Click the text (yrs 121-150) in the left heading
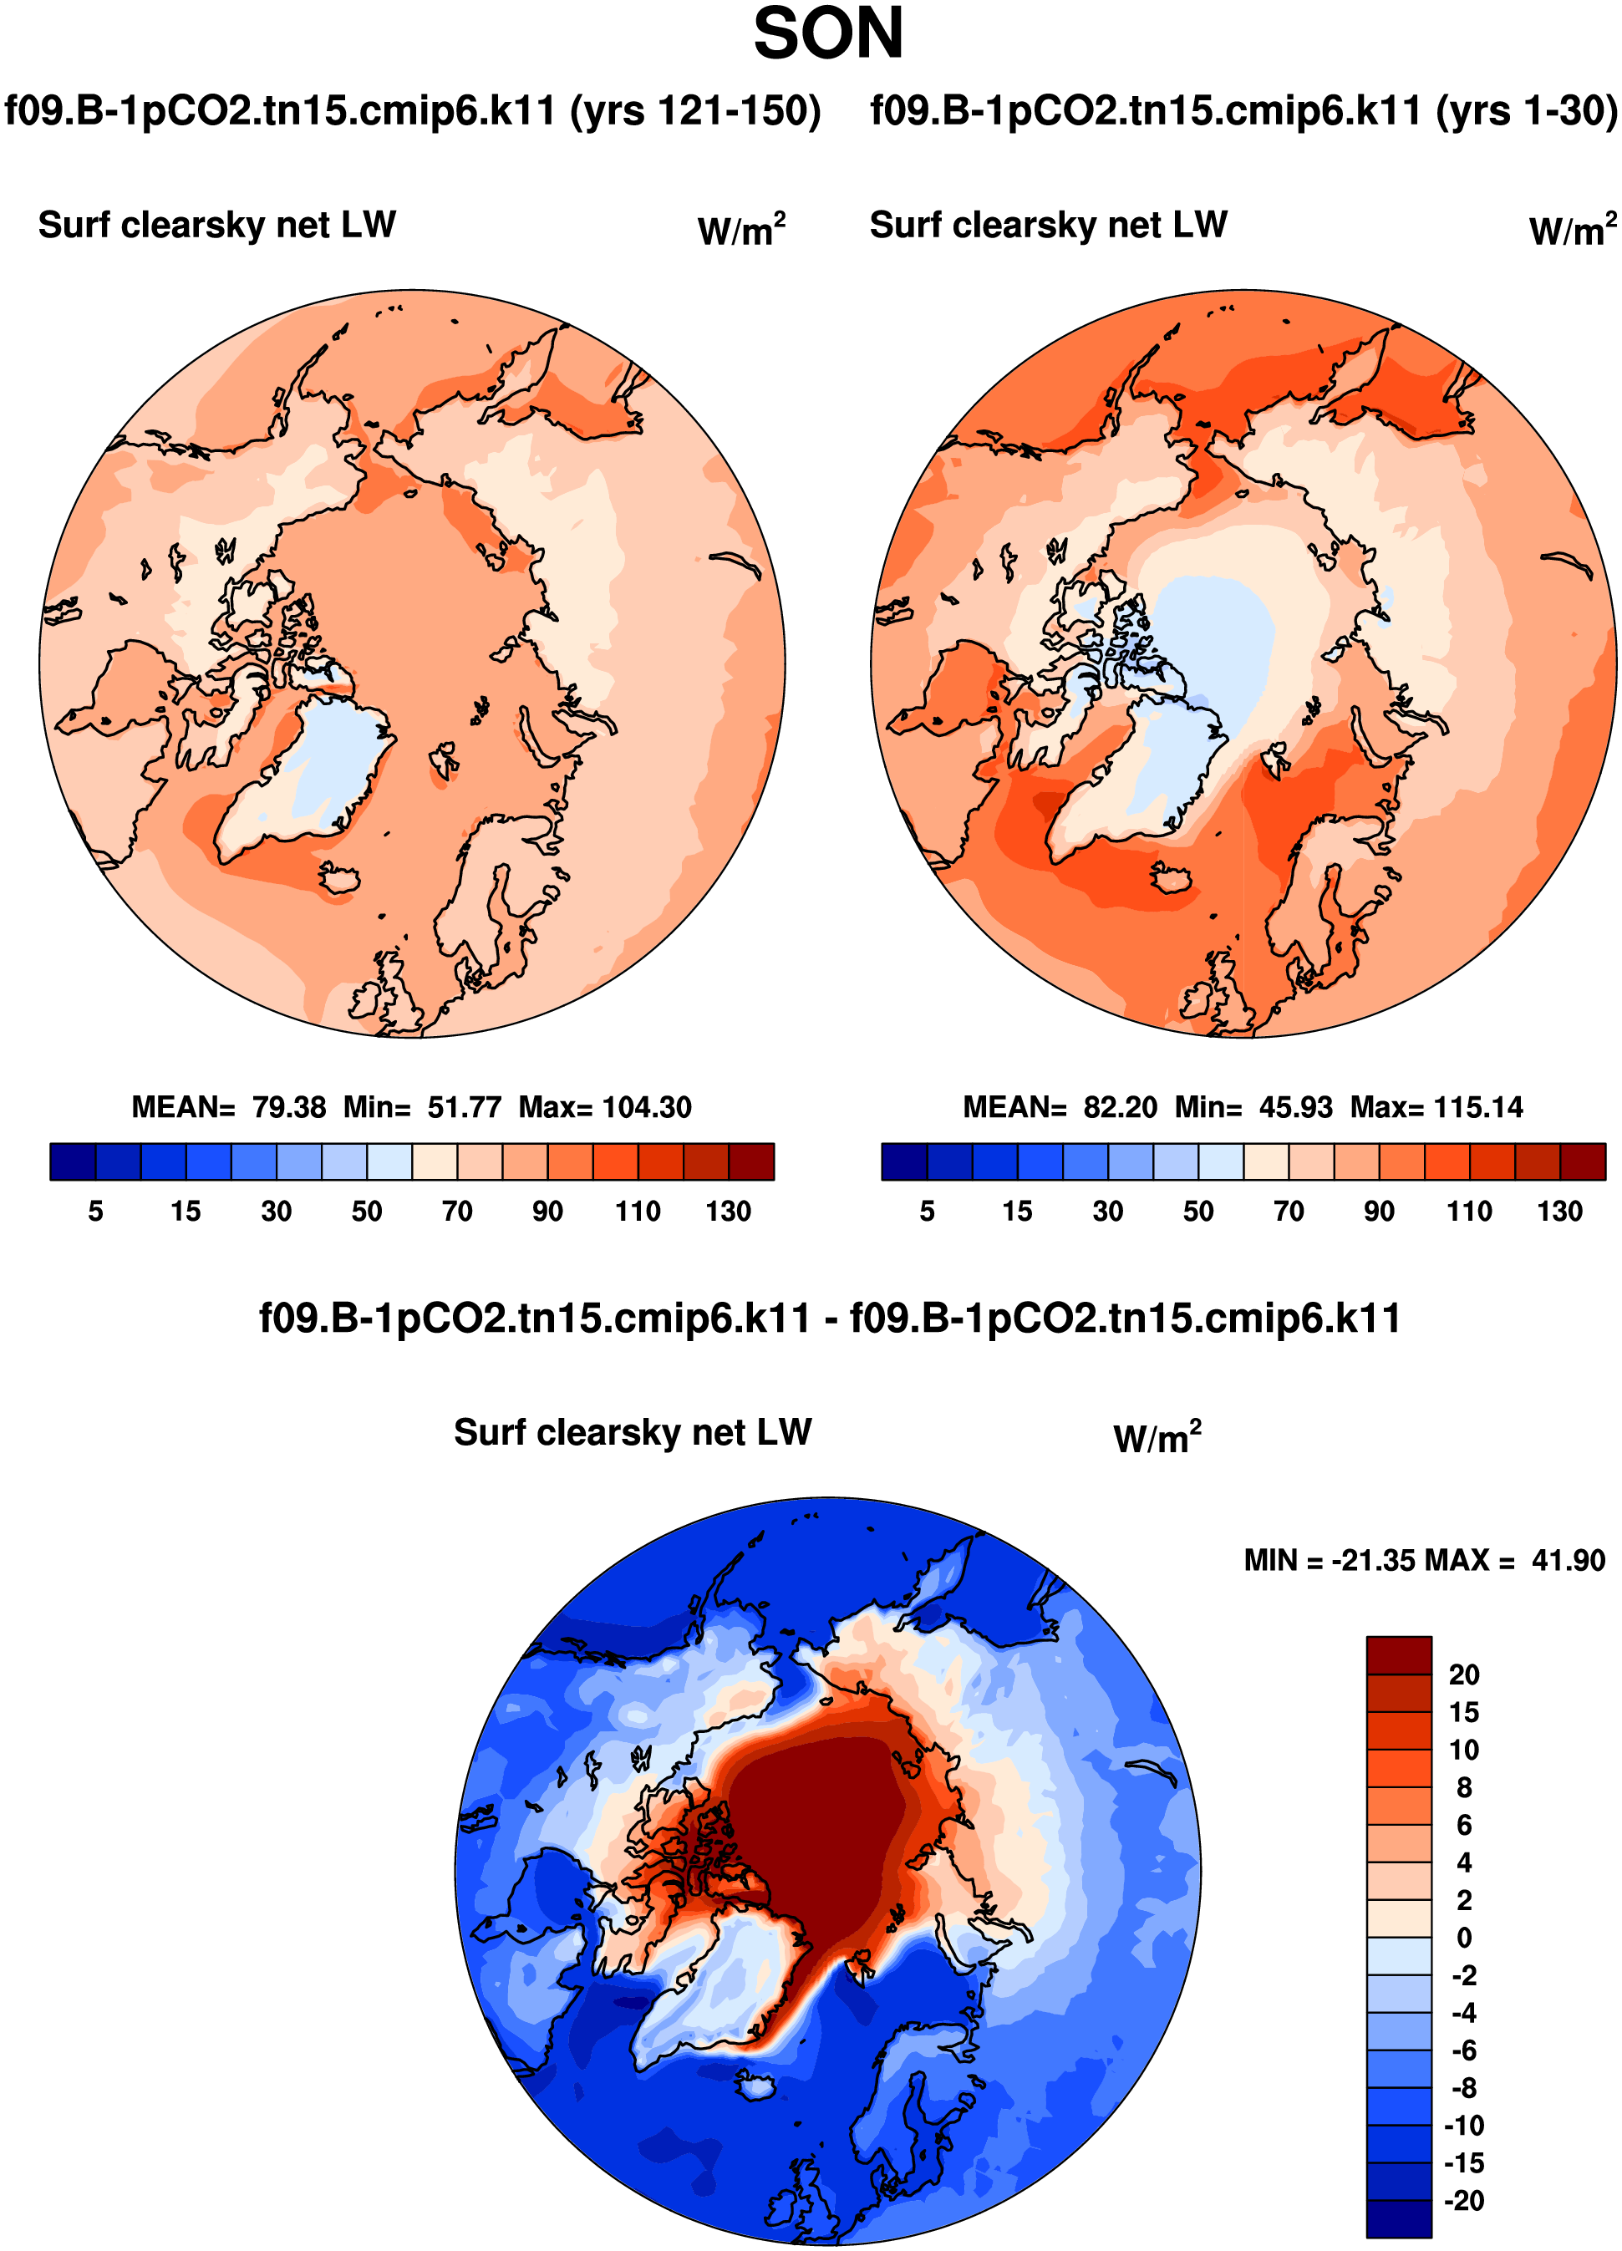point(695,111)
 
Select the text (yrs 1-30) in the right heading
point(1526,111)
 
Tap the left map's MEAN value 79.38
point(289,1108)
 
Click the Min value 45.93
point(1295,1108)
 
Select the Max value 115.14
point(1478,1108)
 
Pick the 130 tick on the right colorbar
point(1559,1211)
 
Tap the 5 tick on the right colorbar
point(927,1211)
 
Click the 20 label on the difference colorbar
point(1464,1675)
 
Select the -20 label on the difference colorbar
point(1463,2200)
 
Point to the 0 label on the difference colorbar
point(1464,1938)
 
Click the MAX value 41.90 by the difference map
point(1568,1561)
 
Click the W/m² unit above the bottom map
point(1157,1438)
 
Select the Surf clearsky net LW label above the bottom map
point(633,1432)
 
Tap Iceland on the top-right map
point(1172,878)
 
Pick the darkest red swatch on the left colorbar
point(751,1161)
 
